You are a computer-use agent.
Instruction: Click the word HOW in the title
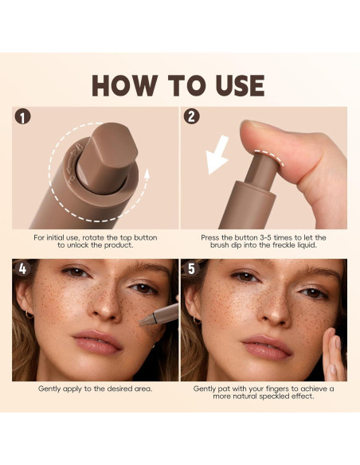[124, 85]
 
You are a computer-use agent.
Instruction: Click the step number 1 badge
[22, 116]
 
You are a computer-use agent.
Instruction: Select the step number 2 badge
[191, 116]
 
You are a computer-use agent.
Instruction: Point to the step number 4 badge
[22, 268]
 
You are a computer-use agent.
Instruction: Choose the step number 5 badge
[191, 268]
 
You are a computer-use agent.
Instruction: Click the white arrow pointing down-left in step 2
[218, 155]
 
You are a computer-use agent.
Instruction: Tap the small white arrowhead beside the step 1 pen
[147, 174]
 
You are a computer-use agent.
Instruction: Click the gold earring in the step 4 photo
[29, 315]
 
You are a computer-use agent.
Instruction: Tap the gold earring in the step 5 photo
[197, 320]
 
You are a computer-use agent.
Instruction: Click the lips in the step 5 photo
[266, 346]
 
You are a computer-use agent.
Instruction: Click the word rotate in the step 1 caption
[93, 238]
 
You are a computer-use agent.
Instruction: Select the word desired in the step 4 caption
[119, 389]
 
